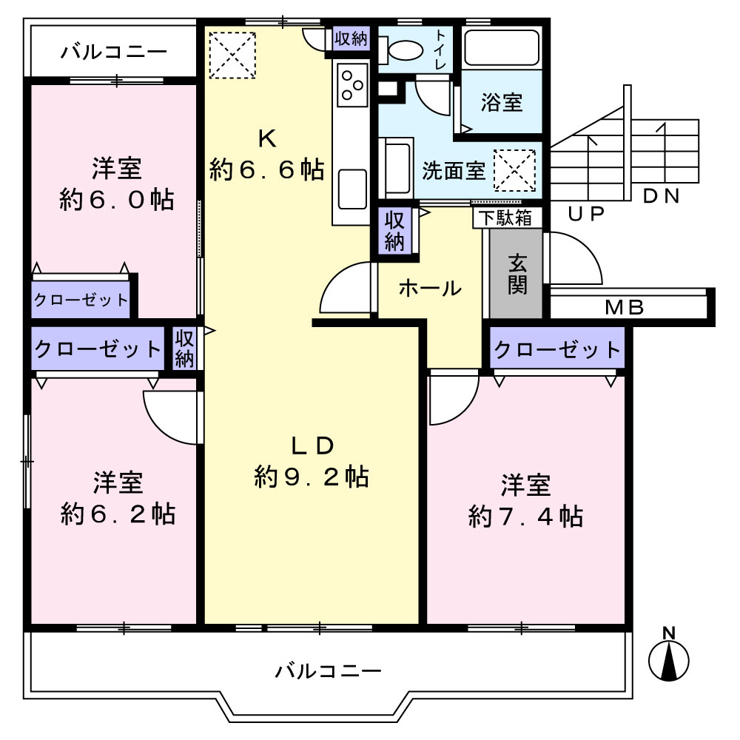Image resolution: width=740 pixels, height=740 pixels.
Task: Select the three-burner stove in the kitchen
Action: (352, 85)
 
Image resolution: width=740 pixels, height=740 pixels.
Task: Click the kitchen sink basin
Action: (352, 189)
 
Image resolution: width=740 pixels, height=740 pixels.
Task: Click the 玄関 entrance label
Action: (517, 275)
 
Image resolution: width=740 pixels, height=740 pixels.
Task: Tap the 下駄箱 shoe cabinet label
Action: (505, 218)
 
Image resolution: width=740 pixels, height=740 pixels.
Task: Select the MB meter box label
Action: (625, 308)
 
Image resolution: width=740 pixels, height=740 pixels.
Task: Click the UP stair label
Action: (585, 215)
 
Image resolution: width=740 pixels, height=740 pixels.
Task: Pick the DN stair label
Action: (661, 196)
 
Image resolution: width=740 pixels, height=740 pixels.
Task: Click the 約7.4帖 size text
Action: (525, 517)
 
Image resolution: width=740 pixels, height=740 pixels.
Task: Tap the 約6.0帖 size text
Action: (117, 200)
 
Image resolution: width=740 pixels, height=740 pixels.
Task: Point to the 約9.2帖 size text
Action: (312, 477)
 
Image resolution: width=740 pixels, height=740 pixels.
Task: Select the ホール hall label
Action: (429, 288)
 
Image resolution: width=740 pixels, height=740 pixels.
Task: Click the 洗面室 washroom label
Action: (454, 171)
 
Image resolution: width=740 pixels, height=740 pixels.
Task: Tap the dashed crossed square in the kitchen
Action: (232, 55)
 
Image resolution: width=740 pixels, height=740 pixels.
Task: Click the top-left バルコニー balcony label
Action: (114, 52)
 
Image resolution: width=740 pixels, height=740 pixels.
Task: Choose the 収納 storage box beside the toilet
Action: (351, 38)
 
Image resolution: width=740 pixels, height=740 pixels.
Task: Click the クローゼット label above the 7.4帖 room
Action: (557, 350)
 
